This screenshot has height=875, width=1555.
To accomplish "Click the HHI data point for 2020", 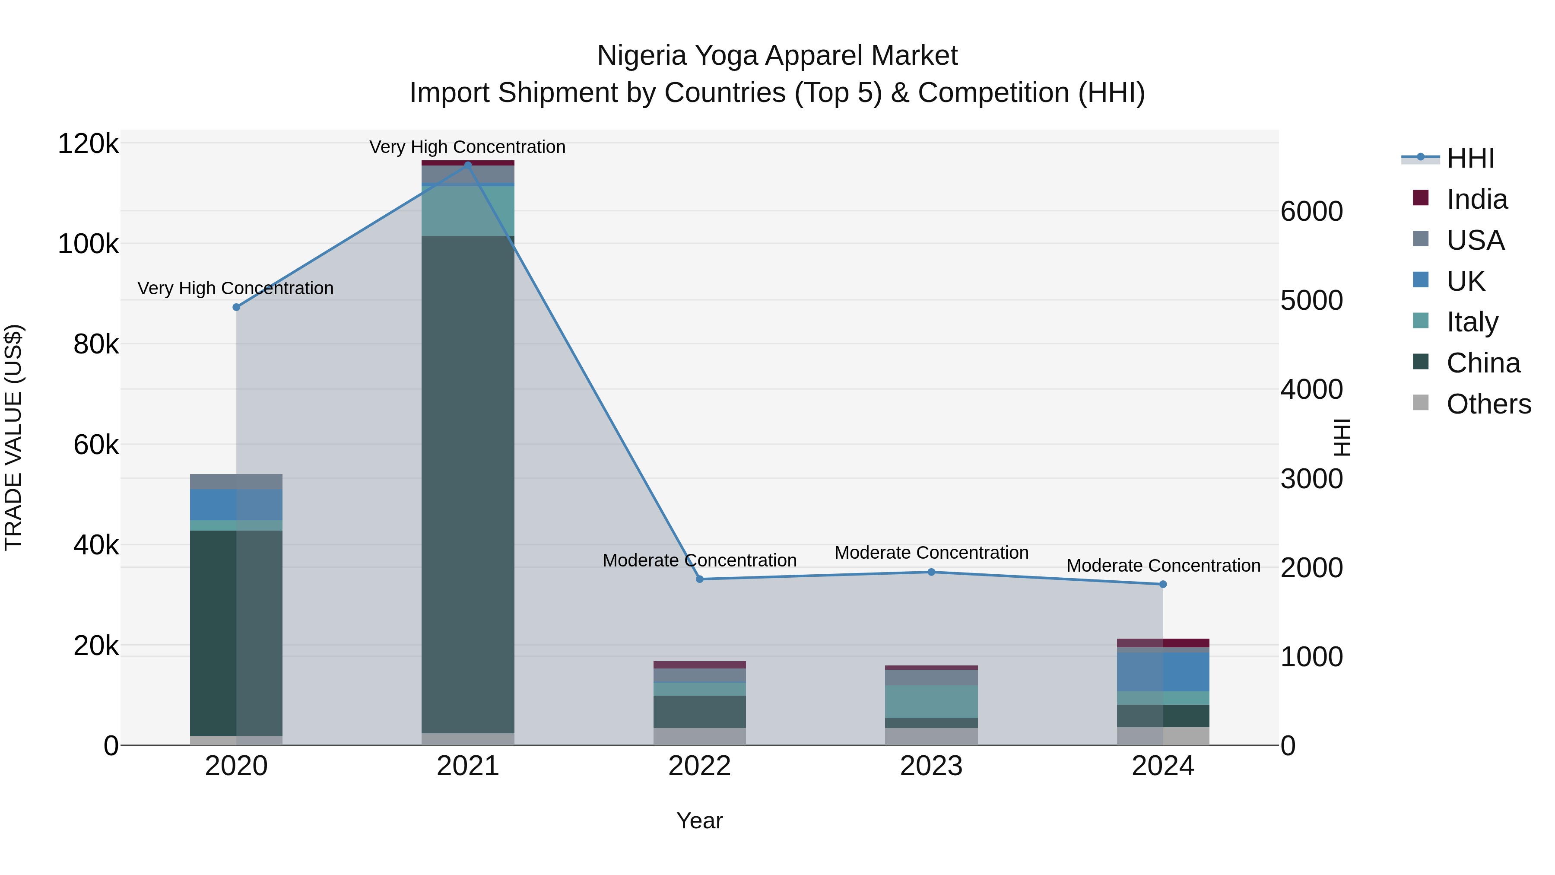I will [x=236, y=307].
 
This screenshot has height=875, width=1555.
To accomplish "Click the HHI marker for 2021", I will [x=468, y=165].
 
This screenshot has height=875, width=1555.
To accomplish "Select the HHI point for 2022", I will [x=700, y=579].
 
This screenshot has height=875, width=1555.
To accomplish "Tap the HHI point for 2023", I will [x=931, y=572].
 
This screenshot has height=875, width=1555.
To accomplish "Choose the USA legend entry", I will [x=1476, y=240].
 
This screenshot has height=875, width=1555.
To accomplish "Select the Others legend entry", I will [x=1488, y=404].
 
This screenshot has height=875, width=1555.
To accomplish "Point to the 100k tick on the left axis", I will [x=88, y=244].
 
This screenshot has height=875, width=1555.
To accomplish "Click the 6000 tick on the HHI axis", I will [x=1311, y=211].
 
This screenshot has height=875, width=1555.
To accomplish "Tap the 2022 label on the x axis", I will [x=700, y=766].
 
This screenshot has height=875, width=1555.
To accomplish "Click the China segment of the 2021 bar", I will [x=468, y=483].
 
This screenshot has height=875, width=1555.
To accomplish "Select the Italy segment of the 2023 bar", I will [x=931, y=702].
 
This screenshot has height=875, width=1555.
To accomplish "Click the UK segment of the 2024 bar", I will [x=1163, y=671].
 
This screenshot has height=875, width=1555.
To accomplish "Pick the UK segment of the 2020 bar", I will [x=236, y=505].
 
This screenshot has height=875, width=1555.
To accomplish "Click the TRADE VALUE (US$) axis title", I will [x=13, y=437].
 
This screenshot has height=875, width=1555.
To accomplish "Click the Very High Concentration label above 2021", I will [x=467, y=147].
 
